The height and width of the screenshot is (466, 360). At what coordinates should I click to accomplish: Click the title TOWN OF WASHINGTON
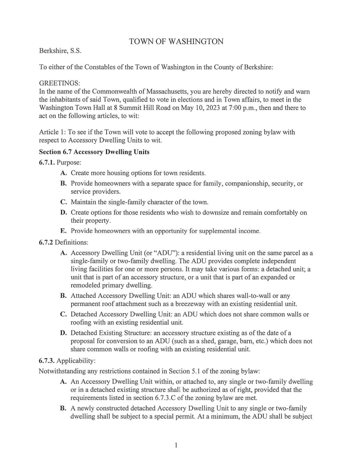coord(176,42)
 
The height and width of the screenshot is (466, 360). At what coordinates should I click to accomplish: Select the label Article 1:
coord(49,132)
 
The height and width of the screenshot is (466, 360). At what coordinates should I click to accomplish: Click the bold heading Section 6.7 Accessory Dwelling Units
coord(94,152)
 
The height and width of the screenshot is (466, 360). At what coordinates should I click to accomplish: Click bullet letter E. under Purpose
coord(63,231)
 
